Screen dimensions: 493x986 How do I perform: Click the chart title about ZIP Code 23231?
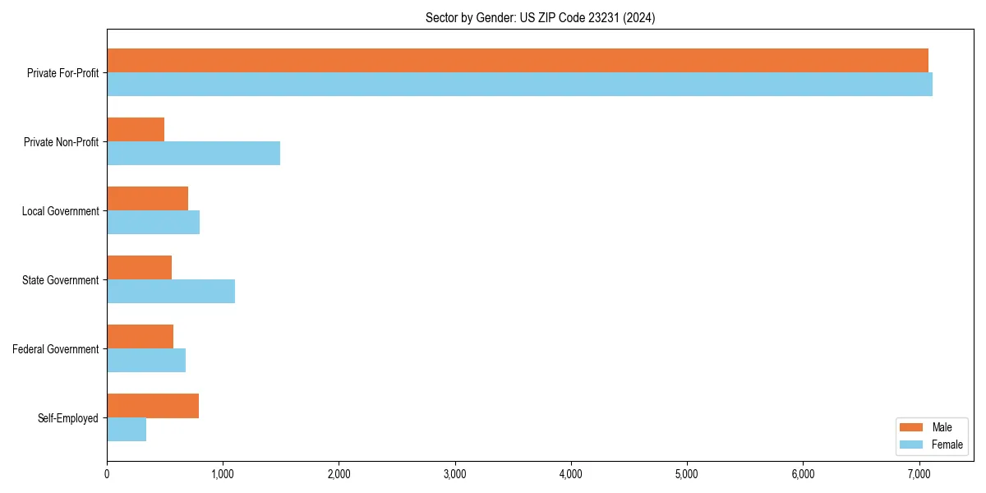point(540,17)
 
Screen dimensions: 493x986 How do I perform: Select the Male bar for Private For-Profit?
point(518,61)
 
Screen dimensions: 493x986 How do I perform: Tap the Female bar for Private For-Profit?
point(519,85)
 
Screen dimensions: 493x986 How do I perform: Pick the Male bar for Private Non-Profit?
point(136,130)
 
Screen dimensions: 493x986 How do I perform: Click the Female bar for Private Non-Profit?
point(193,154)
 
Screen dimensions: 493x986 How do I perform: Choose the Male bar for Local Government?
point(147,199)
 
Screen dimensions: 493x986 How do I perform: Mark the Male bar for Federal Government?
point(140,337)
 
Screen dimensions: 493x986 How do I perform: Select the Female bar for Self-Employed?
point(127,430)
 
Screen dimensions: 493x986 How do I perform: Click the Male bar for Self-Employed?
point(153,406)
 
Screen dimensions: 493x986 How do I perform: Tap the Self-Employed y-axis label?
point(68,418)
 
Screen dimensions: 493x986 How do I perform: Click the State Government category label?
point(61,280)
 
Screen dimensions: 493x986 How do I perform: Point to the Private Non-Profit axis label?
point(61,142)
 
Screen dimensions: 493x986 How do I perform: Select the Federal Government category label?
point(56,349)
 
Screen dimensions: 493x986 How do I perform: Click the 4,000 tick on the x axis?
point(570,473)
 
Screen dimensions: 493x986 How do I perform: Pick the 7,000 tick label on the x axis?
point(919,473)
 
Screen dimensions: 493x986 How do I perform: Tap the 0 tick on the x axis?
point(107,473)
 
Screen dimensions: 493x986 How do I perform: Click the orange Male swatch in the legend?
point(911,427)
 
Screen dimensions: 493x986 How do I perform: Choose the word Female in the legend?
point(947,445)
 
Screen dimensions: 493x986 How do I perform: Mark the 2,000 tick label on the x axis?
point(339,473)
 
